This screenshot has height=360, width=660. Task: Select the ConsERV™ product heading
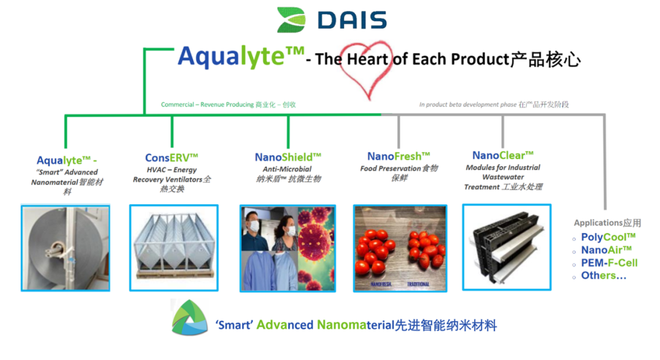171,157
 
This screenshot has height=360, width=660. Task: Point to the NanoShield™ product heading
288,157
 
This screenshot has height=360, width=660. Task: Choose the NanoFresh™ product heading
398,156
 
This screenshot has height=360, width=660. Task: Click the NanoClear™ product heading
502,155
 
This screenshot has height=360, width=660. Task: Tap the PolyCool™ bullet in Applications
608,237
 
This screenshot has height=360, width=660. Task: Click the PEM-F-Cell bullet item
609,263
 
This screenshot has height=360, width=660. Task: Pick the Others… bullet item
604,276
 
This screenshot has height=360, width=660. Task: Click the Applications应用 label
607,223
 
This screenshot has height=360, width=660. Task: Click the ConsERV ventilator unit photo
174,247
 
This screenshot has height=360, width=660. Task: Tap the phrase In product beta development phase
468,105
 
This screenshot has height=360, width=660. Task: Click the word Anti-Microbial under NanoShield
287,169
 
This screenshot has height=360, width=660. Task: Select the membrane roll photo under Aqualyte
65,248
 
